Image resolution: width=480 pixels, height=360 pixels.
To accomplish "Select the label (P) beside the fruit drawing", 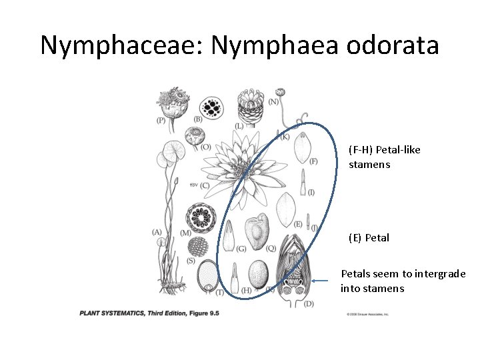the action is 161,121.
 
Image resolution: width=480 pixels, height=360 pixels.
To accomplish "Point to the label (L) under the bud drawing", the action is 239,126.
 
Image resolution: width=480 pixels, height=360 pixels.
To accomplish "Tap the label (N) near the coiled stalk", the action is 273,101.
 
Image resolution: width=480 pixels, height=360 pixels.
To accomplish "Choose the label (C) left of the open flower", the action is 204,185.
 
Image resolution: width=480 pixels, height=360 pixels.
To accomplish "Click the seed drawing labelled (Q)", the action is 256,231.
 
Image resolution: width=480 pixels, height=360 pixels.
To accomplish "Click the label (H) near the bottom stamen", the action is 246,290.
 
